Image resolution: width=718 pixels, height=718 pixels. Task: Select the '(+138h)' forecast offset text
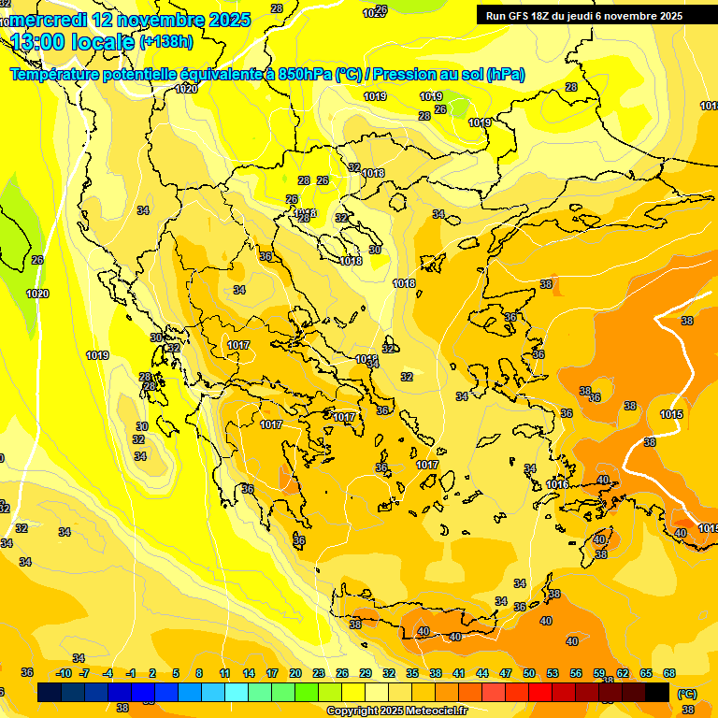click(166, 42)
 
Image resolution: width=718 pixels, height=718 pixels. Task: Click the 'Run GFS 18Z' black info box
click(596, 15)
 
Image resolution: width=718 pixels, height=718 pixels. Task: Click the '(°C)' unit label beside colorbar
click(686, 693)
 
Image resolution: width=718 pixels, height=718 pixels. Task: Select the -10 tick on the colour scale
click(64, 673)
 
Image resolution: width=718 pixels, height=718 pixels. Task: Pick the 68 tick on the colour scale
click(669, 673)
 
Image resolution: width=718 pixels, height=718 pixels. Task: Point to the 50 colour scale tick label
click(529, 673)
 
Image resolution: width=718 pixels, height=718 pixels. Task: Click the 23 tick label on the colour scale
click(319, 673)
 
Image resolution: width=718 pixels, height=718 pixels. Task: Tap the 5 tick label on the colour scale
click(176, 673)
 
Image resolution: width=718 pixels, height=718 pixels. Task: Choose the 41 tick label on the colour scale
click(459, 673)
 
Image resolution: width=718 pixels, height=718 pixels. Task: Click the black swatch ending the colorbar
click(657, 693)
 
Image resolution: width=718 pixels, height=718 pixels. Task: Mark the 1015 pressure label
click(670, 414)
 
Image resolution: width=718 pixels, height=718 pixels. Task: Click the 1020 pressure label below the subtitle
click(186, 89)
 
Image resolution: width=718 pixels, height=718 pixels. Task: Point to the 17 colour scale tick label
click(272, 673)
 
